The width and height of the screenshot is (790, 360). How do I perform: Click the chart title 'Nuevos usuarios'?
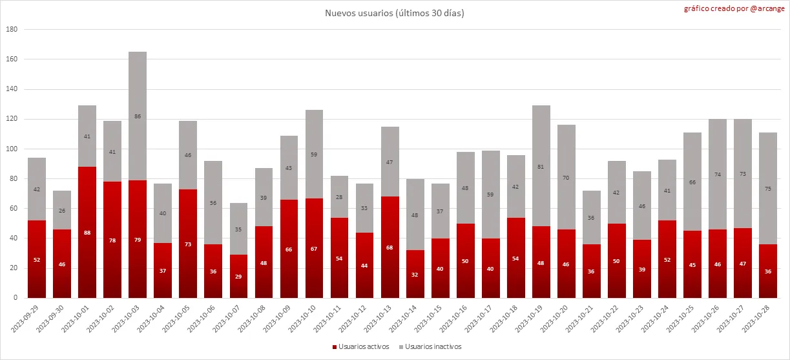[394, 13]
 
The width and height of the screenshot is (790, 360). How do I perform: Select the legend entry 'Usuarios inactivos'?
[430, 347]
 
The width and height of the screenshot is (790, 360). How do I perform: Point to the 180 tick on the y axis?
[12, 30]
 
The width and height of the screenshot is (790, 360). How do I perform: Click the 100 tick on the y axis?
[12, 149]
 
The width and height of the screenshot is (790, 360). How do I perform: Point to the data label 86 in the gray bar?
[138, 116]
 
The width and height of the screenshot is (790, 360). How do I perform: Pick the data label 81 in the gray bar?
[541, 167]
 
